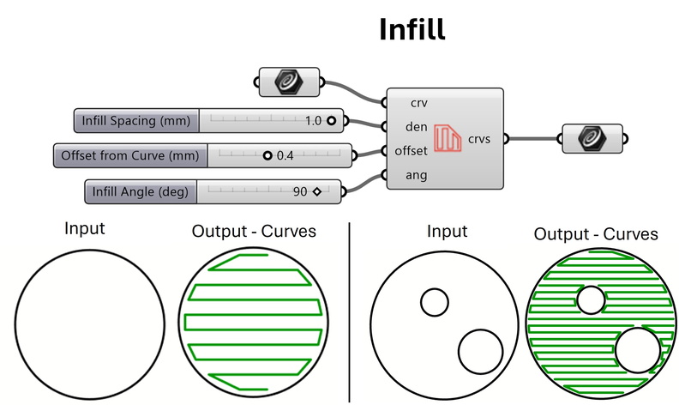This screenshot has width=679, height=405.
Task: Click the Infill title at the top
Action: tap(412, 31)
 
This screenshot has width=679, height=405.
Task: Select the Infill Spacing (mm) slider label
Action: tap(136, 121)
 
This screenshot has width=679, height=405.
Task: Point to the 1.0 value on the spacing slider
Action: tap(312, 121)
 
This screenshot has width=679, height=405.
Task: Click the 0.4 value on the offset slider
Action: tap(285, 156)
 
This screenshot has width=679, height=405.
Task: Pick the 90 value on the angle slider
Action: tap(299, 191)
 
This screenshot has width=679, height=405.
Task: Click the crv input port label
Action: tap(418, 102)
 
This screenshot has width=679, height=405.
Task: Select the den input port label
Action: tap(418, 126)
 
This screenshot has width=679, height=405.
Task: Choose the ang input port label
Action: tap(418, 175)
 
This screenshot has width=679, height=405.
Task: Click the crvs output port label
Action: tap(480, 138)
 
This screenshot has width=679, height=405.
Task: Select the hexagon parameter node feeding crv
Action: tap(290, 82)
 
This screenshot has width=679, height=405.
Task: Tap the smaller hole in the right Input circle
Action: tap(434, 302)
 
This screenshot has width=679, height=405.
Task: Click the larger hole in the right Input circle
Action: tap(480, 350)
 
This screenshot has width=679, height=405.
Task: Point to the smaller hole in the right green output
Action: tap(590, 300)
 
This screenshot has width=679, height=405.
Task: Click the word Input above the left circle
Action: tap(85, 230)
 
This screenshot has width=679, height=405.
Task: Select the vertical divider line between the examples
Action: tap(351, 309)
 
